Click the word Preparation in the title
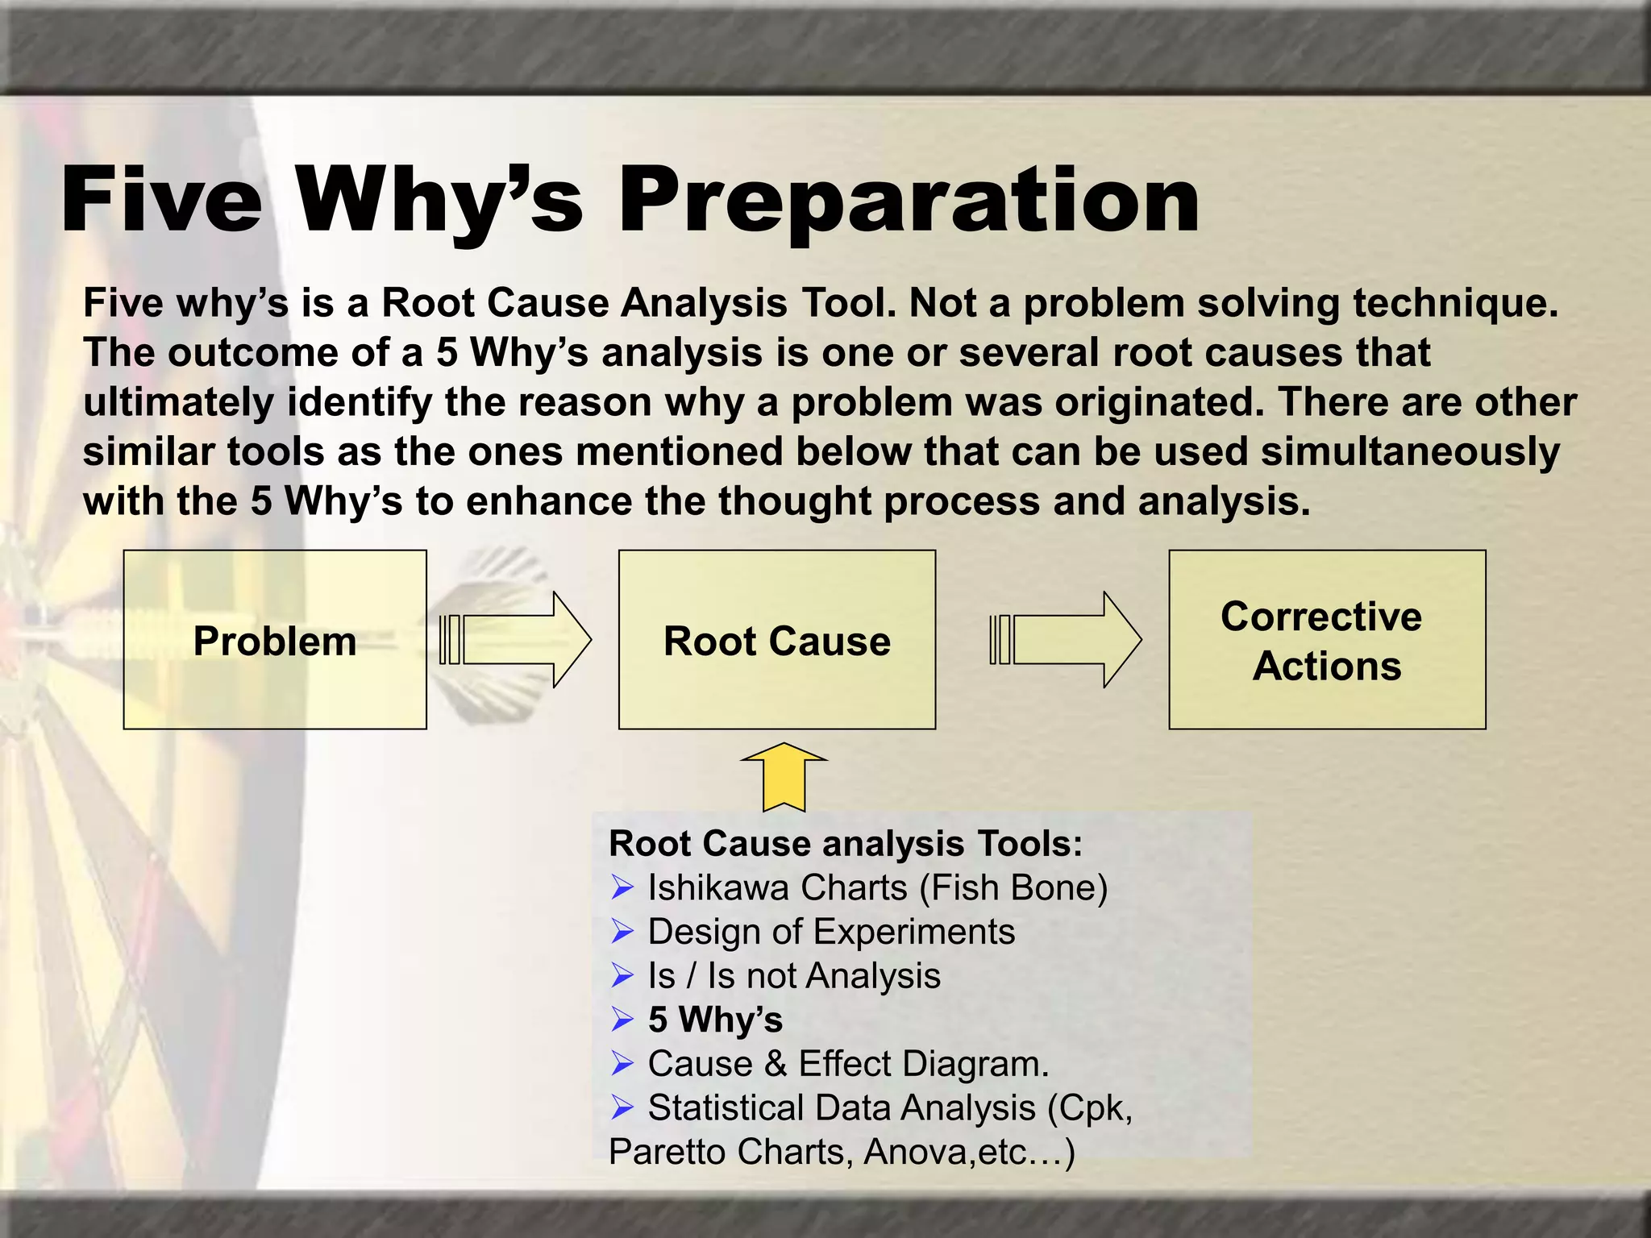pos(908,201)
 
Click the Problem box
pos(275,641)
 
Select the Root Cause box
pos(776,641)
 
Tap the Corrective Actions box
pos(1326,641)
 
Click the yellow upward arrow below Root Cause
pos(783,777)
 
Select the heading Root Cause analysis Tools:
pos(845,844)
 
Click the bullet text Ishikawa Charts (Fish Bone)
pos(877,888)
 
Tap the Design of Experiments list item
pos(830,932)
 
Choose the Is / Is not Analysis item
pos(793,976)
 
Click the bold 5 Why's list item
pos(715,1020)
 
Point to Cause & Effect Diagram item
pos(848,1064)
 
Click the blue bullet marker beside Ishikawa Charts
pos(622,888)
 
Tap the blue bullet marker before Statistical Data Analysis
pos(622,1108)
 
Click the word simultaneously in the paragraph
pos(1410,451)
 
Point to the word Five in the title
pos(161,201)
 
